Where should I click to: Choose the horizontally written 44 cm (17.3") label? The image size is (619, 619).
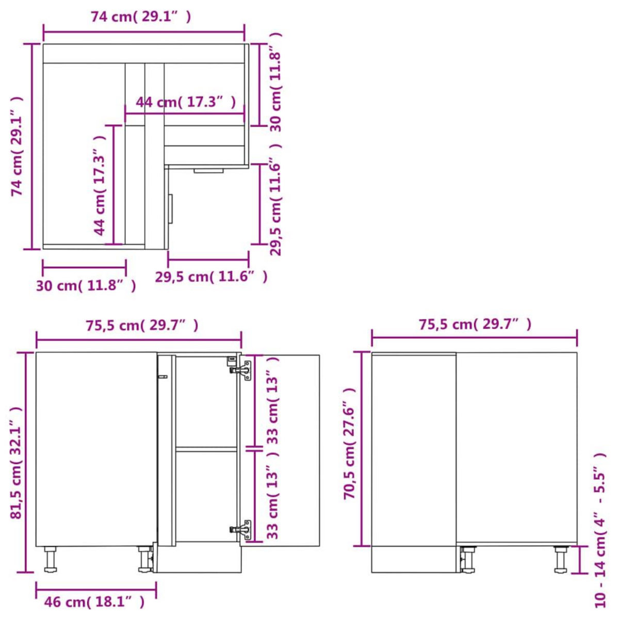pyautogui.click(x=186, y=102)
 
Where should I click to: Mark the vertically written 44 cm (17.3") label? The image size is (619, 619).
pyautogui.click(x=100, y=185)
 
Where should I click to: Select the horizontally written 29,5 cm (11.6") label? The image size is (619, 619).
pyautogui.click(x=211, y=277)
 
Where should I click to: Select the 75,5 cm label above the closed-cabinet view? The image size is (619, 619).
pyautogui.click(x=475, y=324)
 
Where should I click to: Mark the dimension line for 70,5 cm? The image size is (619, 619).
pyautogui.click(x=363, y=449)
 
